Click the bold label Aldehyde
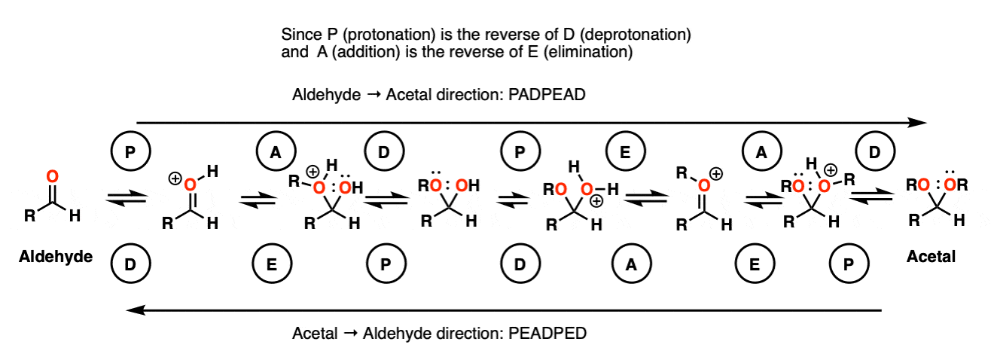(x=56, y=257)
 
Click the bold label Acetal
(x=931, y=257)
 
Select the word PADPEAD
(x=547, y=95)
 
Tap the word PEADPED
(x=547, y=334)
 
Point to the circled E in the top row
(x=625, y=151)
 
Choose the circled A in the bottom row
(x=632, y=264)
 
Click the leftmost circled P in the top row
(x=130, y=151)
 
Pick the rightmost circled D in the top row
(x=874, y=151)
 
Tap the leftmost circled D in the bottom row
(x=130, y=264)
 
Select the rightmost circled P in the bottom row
(x=849, y=264)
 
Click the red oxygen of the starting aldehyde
(x=53, y=177)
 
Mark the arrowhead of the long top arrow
(x=918, y=123)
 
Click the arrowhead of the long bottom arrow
(x=136, y=310)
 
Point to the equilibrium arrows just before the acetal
(x=871, y=197)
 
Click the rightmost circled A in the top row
(x=762, y=151)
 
